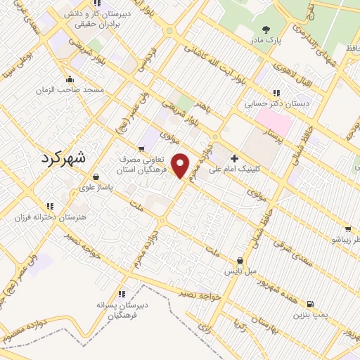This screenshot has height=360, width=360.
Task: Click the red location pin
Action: [181, 166]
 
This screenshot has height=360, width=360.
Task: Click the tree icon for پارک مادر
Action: [266, 29]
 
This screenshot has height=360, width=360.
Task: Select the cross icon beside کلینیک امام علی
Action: [235, 157]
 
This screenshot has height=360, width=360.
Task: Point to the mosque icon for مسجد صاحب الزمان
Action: [69, 79]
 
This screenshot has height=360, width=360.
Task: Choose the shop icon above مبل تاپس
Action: [240, 259]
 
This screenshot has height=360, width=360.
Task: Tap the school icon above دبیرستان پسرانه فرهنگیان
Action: [121, 295]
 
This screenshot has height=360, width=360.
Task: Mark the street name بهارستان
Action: [264, 327]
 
